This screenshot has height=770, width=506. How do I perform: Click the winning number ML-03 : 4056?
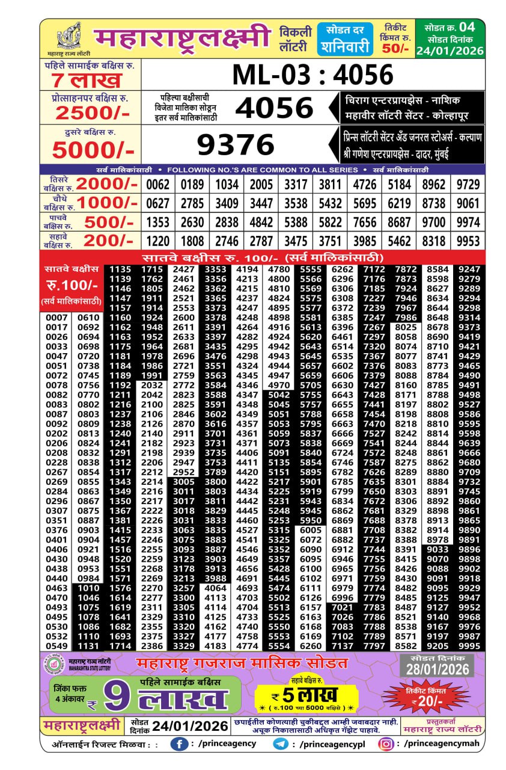pos(312,75)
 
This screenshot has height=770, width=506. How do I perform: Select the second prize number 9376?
pos(236,145)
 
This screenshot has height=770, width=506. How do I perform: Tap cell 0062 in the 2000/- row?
pos(158,184)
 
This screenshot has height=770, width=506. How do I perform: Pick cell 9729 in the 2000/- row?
pos(469,184)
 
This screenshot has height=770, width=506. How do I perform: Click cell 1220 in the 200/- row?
pos(158,241)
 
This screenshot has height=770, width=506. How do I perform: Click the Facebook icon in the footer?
pos(178,744)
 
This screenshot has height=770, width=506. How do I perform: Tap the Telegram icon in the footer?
pos(281,744)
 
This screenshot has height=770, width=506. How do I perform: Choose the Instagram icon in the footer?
pos(386,744)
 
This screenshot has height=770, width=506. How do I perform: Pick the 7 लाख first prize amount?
pos(87,81)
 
